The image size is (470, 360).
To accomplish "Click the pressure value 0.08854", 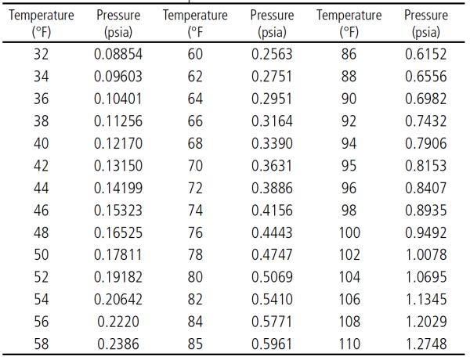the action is point(118,54).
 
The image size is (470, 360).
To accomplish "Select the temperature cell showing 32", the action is point(41,54).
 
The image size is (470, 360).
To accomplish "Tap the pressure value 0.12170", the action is point(118,143).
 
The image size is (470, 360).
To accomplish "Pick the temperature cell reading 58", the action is point(41,344).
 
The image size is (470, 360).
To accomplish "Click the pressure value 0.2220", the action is point(118,322).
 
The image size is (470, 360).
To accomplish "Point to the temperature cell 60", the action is point(195,54).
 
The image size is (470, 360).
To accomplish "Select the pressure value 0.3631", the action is point(272,166).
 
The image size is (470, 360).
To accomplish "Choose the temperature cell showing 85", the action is point(195,344).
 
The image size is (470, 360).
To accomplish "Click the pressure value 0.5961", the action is point(272,344).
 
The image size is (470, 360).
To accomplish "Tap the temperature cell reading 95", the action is point(349,166).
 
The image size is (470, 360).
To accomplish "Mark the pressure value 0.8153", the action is point(426,166).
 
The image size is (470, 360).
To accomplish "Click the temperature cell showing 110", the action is point(349,344).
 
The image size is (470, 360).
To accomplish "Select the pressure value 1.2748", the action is point(426,344).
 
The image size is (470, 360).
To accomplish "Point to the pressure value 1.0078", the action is point(426,255).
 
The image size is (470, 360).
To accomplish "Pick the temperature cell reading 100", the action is point(349,232).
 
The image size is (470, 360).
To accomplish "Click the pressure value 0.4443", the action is point(272,232).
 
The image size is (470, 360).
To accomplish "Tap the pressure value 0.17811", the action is point(118,255).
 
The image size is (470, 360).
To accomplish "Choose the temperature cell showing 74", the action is point(195,211).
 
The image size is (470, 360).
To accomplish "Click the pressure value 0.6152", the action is point(426,54).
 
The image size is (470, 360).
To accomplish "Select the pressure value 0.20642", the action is point(118,300).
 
